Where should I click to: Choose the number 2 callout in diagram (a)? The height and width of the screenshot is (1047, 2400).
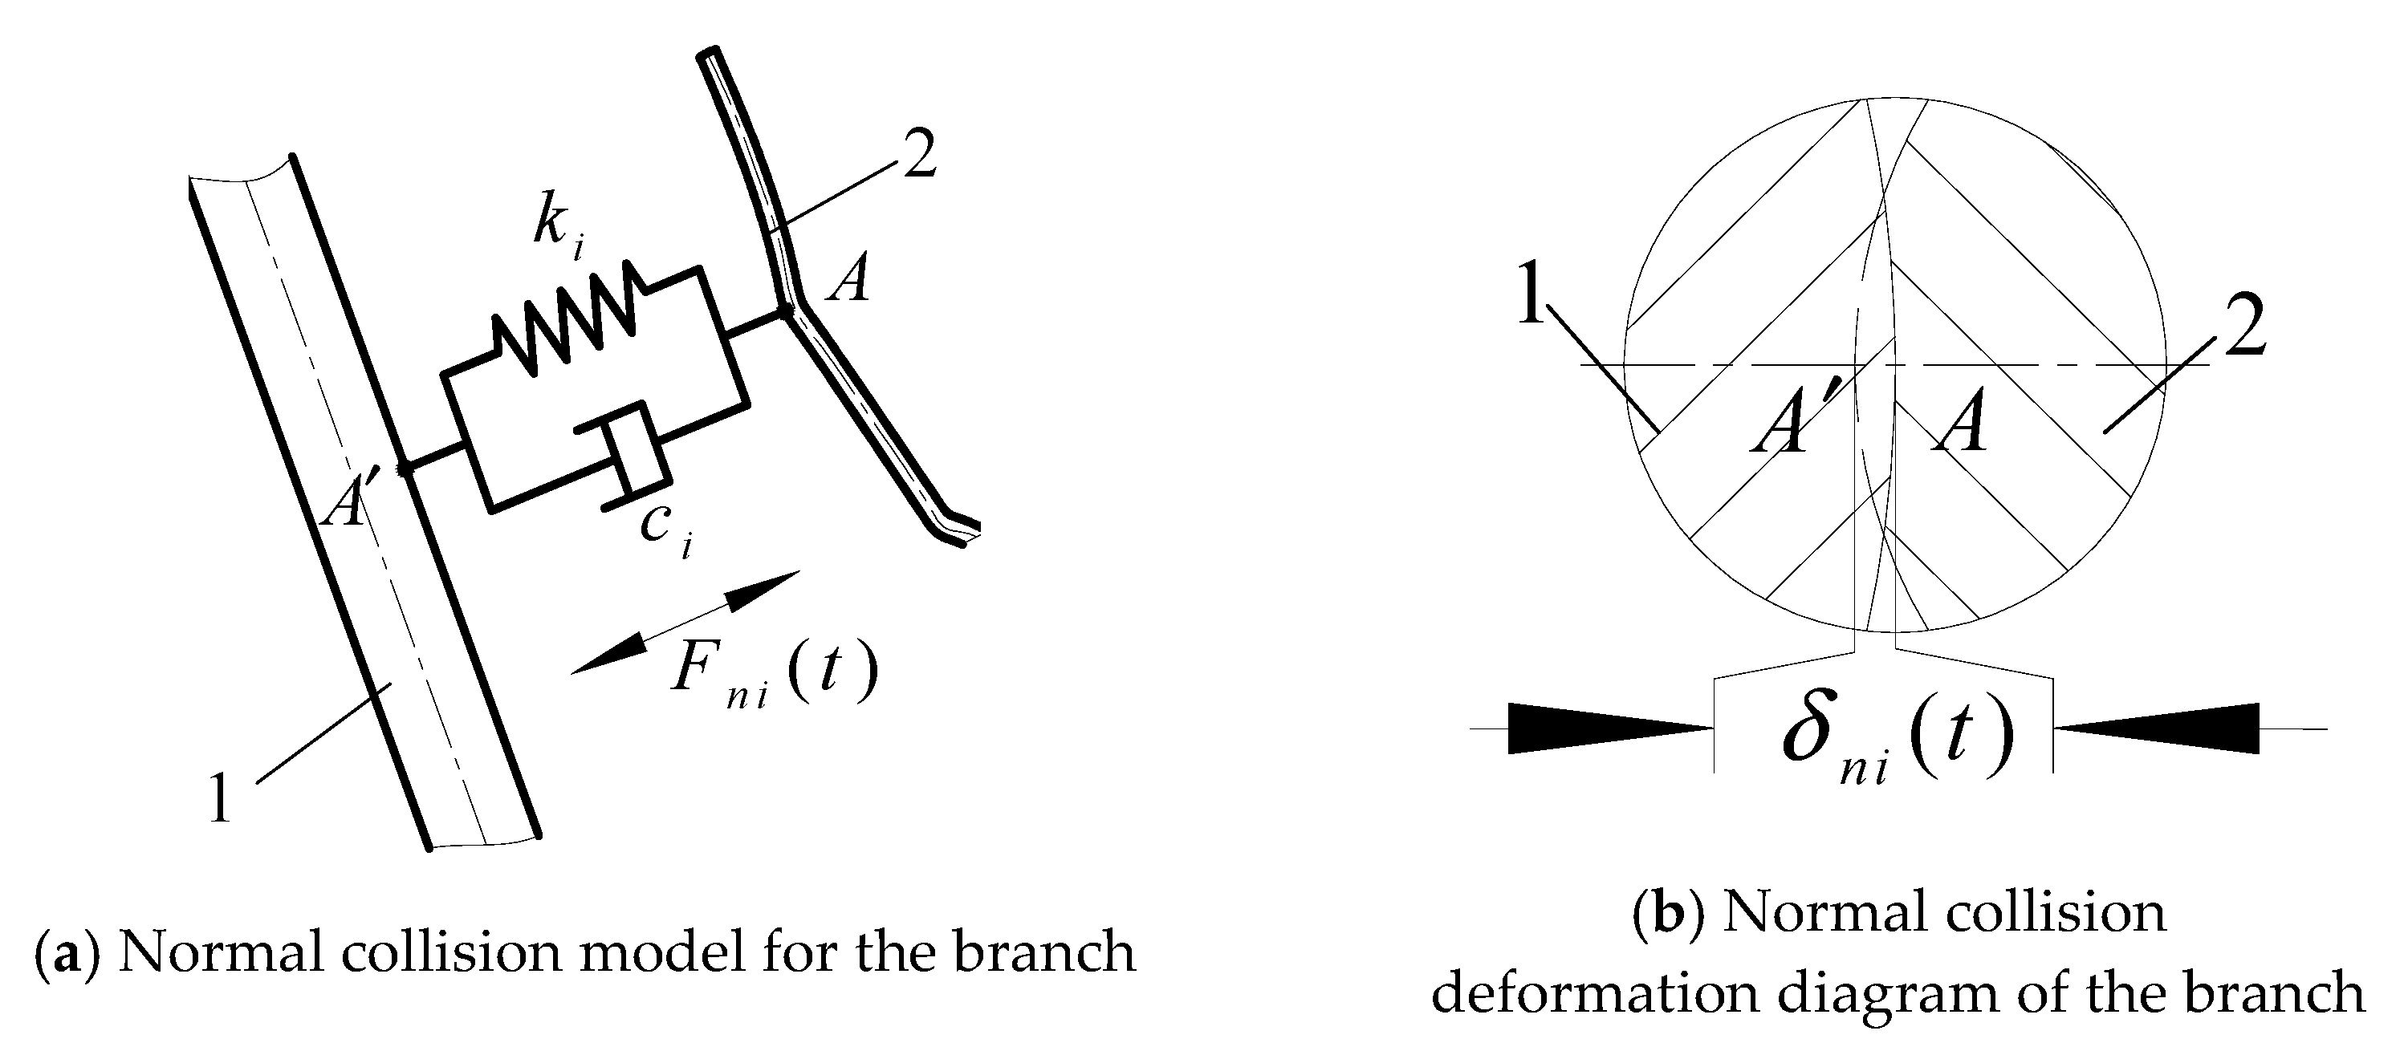[917, 156]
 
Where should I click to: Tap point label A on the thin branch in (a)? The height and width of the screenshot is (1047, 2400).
[850, 279]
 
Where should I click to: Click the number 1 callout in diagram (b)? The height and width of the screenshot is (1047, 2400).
[1531, 293]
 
